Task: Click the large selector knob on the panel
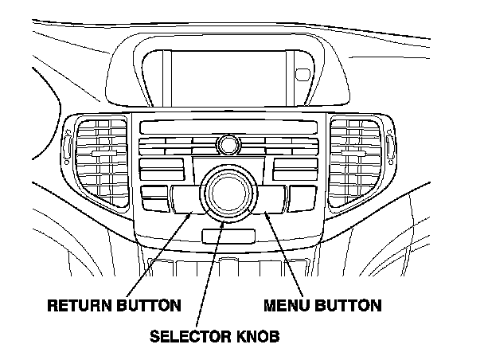[228, 192]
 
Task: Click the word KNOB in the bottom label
[256, 335]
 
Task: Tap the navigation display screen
[227, 72]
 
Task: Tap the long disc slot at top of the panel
[227, 126]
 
